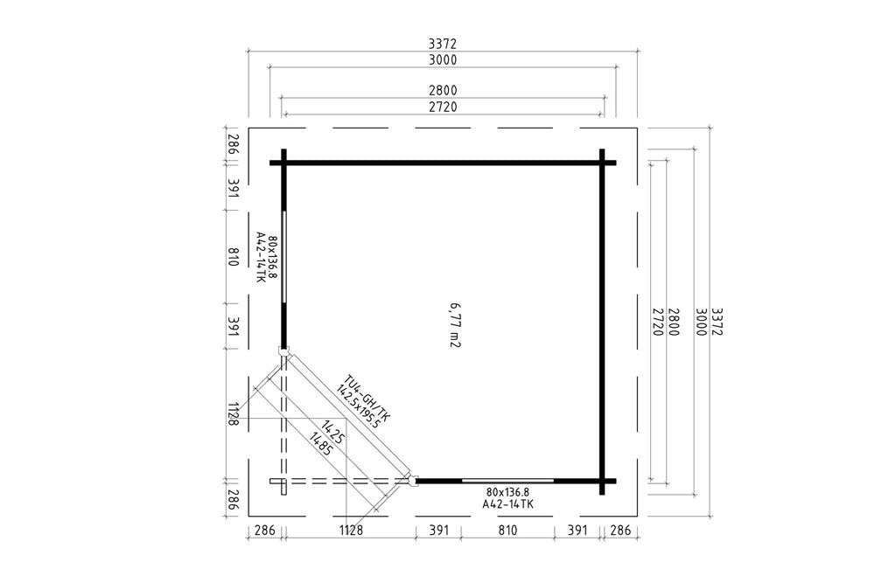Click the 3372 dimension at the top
point(443,44)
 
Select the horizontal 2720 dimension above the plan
point(443,107)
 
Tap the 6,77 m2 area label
point(455,325)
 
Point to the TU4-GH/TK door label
point(367,398)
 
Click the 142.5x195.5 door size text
point(358,406)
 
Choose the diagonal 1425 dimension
point(332,433)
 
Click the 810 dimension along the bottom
point(507,530)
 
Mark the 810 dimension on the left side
point(234,257)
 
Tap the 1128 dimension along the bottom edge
point(351,530)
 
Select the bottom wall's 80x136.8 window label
point(507,492)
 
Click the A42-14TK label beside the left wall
point(260,257)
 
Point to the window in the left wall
point(284,257)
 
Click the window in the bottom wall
point(507,481)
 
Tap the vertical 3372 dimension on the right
point(717,323)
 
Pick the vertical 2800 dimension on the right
point(673,323)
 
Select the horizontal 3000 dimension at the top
point(443,59)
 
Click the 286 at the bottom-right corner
point(620,530)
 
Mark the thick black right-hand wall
point(602,322)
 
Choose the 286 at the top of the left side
point(234,144)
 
